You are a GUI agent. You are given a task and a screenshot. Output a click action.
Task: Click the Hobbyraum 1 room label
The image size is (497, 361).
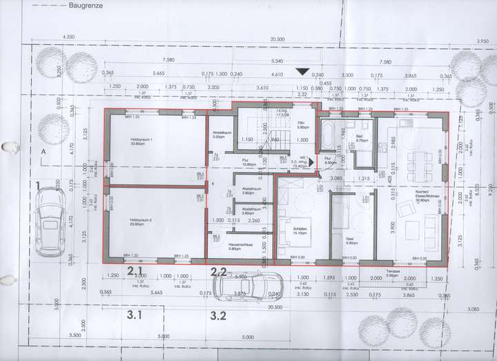(141, 141)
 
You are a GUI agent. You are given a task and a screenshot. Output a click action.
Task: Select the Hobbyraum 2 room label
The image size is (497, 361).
(141, 220)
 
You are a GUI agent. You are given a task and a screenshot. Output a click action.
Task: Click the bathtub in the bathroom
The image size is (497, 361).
(329, 135)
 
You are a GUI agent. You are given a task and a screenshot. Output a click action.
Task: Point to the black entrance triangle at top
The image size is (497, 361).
(302, 71)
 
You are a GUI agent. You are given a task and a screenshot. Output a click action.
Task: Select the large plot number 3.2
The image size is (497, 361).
(220, 318)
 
